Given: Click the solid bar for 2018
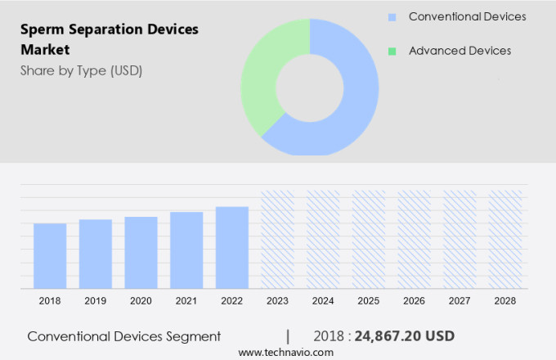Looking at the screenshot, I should coord(50,255).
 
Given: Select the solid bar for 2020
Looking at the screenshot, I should coord(141,252).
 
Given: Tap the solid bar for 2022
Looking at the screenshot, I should coord(232,247).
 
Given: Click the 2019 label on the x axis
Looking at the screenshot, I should coord(96,301).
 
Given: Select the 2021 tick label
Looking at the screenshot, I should coord(186,301).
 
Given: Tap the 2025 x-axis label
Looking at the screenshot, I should coord(369,301).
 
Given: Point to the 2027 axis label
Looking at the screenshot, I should coord(460,301).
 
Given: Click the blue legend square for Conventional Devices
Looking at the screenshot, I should coord(392,17).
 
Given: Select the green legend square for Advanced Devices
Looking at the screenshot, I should coord(392,52).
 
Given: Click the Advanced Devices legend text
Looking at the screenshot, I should coord(460,51).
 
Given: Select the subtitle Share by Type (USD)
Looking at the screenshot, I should coord(81,70).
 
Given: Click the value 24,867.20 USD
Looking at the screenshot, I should coord(401,335).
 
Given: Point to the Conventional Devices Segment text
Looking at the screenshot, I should coord(123,335).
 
